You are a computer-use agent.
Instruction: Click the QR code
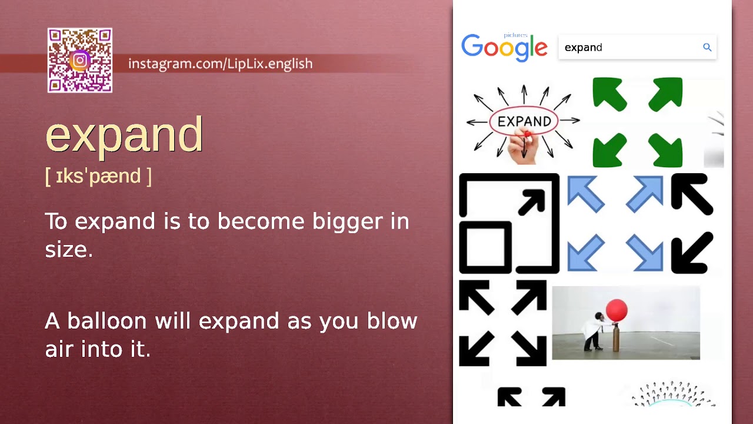(80, 60)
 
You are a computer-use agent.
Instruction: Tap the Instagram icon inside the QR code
(80, 60)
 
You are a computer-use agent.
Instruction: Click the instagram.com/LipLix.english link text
(220, 64)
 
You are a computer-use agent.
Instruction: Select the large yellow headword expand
(124, 135)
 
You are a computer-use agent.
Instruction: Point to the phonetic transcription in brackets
(98, 176)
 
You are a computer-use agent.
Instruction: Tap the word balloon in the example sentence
(106, 322)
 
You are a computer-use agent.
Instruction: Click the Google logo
(504, 48)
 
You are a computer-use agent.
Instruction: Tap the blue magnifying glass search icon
(707, 47)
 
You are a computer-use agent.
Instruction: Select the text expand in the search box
(583, 48)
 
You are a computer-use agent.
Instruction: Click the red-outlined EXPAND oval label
(524, 121)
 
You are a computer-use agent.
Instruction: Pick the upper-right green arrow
(666, 94)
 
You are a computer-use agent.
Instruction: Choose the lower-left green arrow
(609, 151)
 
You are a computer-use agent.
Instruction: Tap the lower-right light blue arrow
(645, 253)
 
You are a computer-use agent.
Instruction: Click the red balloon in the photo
(617, 310)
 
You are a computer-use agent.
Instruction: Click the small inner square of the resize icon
(485, 246)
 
